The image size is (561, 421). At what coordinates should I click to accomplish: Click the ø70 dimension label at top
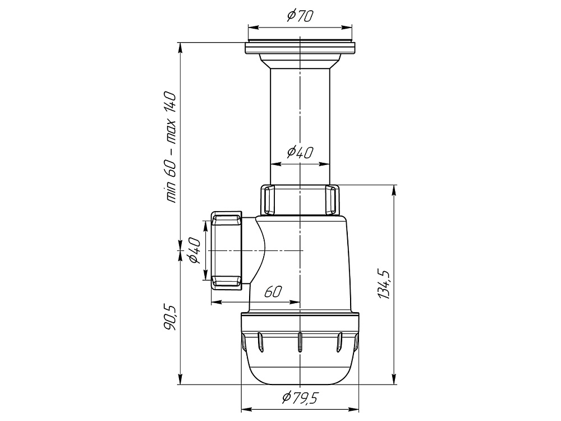[x=300, y=16]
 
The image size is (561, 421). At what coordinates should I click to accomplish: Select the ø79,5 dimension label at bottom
[x=300, y=397]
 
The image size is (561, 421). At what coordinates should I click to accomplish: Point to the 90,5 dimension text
[x=171, y=318]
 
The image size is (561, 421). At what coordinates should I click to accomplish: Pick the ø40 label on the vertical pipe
[x=300, y=153]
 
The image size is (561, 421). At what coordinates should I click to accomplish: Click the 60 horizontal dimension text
[x=273, y=292]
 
